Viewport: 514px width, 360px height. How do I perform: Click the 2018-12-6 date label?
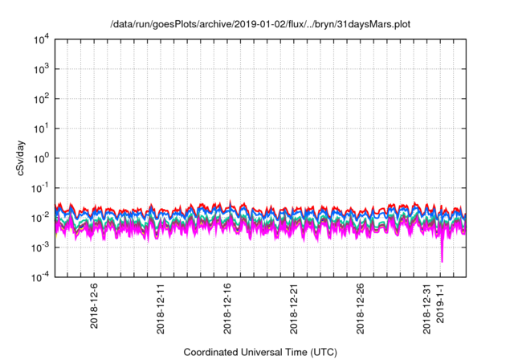tap(95, 305)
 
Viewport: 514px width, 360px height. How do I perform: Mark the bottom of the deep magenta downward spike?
tap(442, 261)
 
